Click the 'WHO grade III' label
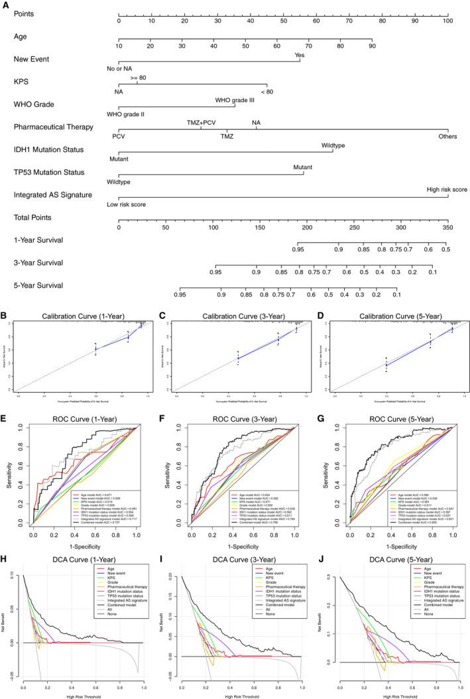coord(235,100)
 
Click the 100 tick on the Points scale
coord(448,21)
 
